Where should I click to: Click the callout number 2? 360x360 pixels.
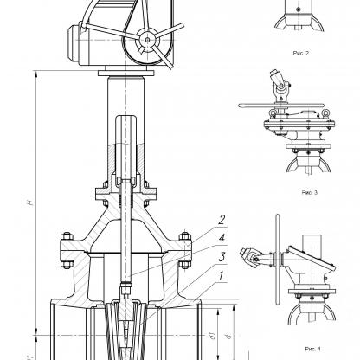222,220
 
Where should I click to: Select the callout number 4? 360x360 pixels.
222,239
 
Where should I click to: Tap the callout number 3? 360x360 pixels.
222,257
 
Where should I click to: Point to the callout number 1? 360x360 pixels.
221,276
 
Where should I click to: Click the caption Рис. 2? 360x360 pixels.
301,53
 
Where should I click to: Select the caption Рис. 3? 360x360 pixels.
310,192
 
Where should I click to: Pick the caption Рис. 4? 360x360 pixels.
312,349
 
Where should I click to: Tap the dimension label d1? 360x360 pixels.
213,336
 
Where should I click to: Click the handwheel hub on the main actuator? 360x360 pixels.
147,40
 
